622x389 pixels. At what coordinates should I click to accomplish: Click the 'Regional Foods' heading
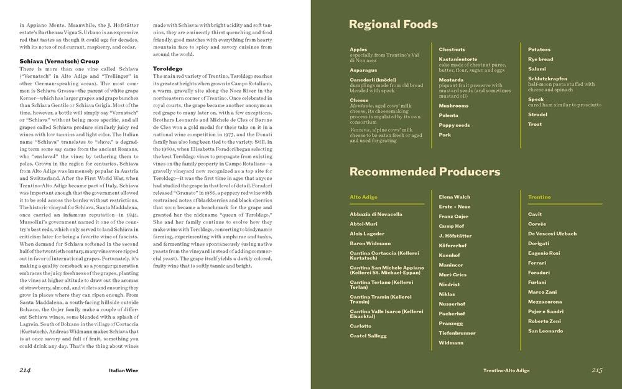tap(393, 25)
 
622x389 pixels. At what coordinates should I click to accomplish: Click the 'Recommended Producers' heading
tap(424, 171)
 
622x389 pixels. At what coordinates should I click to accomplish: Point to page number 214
tap(26, 370)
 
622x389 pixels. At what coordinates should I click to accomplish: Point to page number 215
tap(597, 370)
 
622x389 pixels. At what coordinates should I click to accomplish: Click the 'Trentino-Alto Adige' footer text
tap(506, 370)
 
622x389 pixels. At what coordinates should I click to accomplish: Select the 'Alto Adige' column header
tap(364, 197)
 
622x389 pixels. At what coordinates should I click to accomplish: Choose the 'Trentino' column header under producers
tap(539, 197)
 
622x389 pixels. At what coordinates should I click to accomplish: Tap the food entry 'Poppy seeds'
tap(454, 125)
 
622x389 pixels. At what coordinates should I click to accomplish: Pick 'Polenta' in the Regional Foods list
tap(448, 115)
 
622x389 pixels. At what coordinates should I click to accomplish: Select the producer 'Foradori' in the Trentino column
tap(539, 272)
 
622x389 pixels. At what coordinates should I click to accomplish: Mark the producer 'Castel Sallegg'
tap(368, 335)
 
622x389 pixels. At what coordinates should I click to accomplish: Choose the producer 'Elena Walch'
tap(455, 197)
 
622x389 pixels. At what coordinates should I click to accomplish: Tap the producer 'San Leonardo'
tap(545, 330)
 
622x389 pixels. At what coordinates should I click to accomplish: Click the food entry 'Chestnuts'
tap(452, 49)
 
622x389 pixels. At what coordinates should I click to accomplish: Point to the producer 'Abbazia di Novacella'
tap(376, 214)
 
